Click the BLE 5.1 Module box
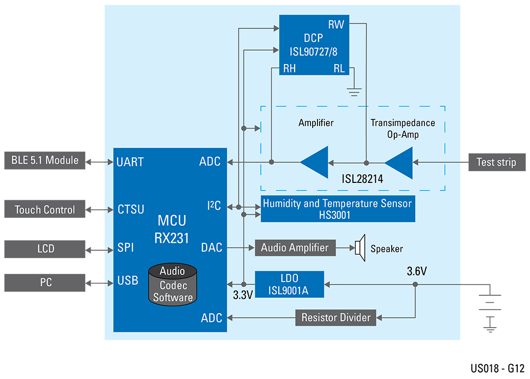pyautogui.click(x=45, y=161)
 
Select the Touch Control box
pyautogui.click(x=45, y=209)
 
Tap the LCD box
pyautogui.click(x=45, y=249)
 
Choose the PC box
pyautogui.click(x=45, y=283)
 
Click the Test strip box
pyautogui.click(x=496, y=162)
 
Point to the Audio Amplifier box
pyautogui.click(x=295, y=248)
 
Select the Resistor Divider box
pyautogui.click(x=335, y=318)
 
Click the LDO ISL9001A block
pyautogui.click(x=289, y=285)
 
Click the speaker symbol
pyautogui.click(x=360, y=248)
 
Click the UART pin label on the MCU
pyautogui.click(x=130, y=162)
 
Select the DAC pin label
pyautogui.click(x=211, y=248)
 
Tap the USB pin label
pyautogui.click(x=128, y=280)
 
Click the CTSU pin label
pyautogui.click(x=130, y=209)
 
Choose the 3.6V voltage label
pyautogui.click(x=417, y=271)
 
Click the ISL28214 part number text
pyautogui.click(x=362, y=180)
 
